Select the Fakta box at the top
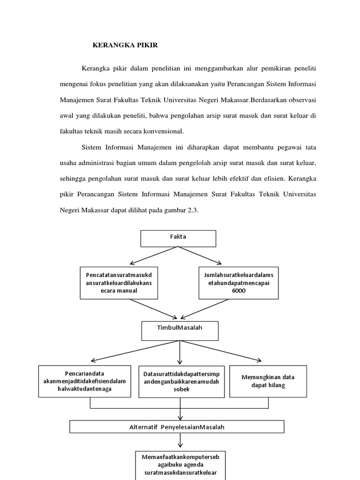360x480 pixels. coord(178,238)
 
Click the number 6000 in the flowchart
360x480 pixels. coord(239,291)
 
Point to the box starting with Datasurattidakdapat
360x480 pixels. coord(180,381)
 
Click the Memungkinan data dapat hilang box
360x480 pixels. coord(268,381)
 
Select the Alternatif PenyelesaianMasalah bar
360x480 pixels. coord(177,427)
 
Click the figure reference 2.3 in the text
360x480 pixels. coord(192,210)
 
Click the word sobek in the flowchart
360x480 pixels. coord(180,389)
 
